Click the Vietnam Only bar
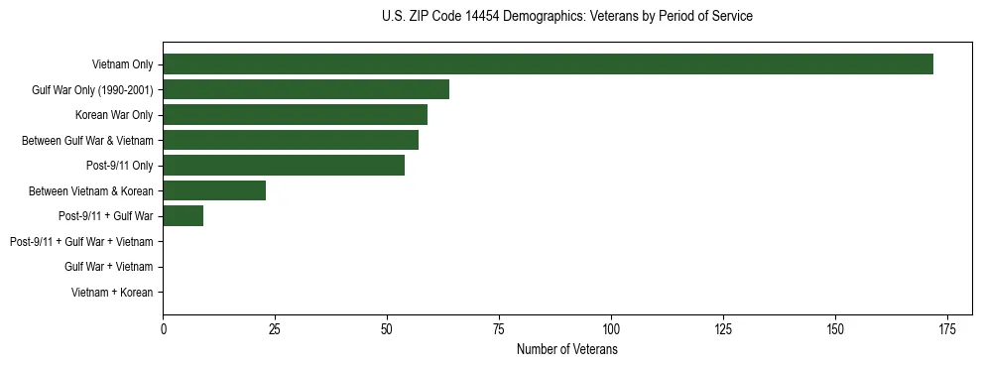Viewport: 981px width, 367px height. [548, 64]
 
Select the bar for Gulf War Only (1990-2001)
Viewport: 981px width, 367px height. [306, 90]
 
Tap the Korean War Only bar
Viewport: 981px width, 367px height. [295, 115]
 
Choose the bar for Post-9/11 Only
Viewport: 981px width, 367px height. [284, 166]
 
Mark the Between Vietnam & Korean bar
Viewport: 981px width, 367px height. [214, 190]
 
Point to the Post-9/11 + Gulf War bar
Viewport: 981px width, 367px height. [184, 216]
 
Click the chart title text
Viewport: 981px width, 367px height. [566, 17]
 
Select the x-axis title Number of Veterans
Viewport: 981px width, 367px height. [566, 350]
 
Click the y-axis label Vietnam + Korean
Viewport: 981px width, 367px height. [112, 293]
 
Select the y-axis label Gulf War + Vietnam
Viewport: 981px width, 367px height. [108, 267]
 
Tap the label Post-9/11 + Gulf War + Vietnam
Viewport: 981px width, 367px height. [81, 242]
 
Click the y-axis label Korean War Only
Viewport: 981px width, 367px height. [114, 116]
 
